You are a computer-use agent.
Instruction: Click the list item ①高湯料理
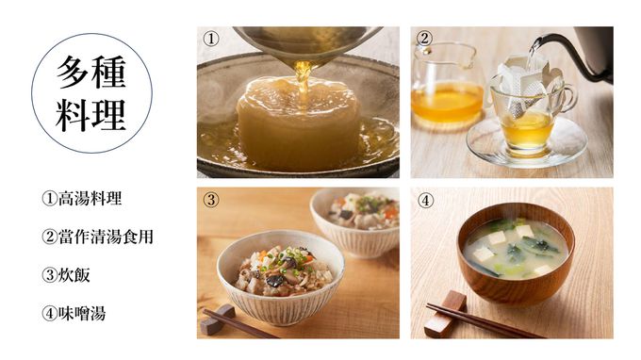click(82, 199)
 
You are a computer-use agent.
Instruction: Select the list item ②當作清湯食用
click(98, 237)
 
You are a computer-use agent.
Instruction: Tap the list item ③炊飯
click(66, 275)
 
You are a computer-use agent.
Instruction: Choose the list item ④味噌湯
click(74, 314)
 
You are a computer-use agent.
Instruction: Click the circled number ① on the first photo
click(211, 39)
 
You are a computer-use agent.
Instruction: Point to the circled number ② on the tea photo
click(424, 38)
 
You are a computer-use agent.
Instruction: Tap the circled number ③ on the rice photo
click(211, 200)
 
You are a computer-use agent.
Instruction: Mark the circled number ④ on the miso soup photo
click(425, 201)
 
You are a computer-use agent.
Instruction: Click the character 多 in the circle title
click(73, 72)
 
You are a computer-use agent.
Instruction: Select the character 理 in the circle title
click(108, 114)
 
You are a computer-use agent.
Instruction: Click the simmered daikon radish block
click(298, 123)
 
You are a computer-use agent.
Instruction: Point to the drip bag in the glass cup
click(524, 87)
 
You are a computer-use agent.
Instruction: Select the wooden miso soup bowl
click(516, 254)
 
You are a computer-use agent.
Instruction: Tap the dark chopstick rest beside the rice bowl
click(218, 319)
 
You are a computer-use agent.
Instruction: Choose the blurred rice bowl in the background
click(354, 221)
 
